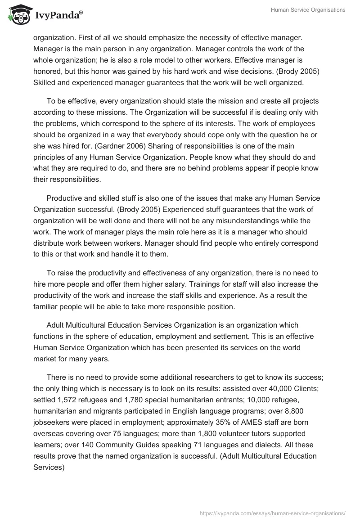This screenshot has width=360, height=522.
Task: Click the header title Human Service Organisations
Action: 308,10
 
